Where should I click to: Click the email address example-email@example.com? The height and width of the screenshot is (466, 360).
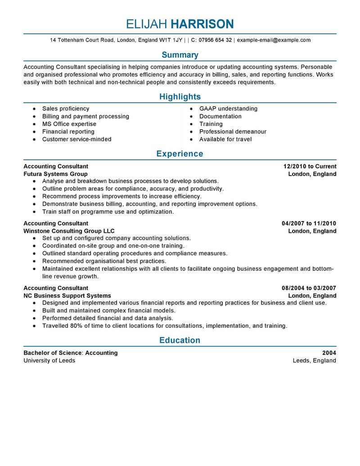point(274,40)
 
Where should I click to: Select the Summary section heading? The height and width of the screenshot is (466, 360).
point(180,55)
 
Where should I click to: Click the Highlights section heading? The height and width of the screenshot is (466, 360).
point(180,97)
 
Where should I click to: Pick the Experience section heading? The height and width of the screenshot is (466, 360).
point(180,154)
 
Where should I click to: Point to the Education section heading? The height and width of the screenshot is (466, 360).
point(180,340)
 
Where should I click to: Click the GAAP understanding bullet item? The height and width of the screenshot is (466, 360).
point(229,109)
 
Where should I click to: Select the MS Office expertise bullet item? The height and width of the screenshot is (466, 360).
point(69,124)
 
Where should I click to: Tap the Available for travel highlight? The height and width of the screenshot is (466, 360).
point(225,139)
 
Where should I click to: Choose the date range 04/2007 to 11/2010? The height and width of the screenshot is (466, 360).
point(309,223)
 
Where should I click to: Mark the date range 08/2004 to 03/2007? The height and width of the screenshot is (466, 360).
point(309,288)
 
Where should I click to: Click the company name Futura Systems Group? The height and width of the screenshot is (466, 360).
point(55,174)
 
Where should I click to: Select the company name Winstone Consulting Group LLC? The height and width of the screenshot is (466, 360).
point(69,231)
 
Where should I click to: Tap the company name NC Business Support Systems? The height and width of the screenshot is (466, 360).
point(67,296)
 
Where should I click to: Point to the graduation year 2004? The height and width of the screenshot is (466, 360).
point(329,353)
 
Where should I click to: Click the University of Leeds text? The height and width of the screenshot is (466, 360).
point(49,361)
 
